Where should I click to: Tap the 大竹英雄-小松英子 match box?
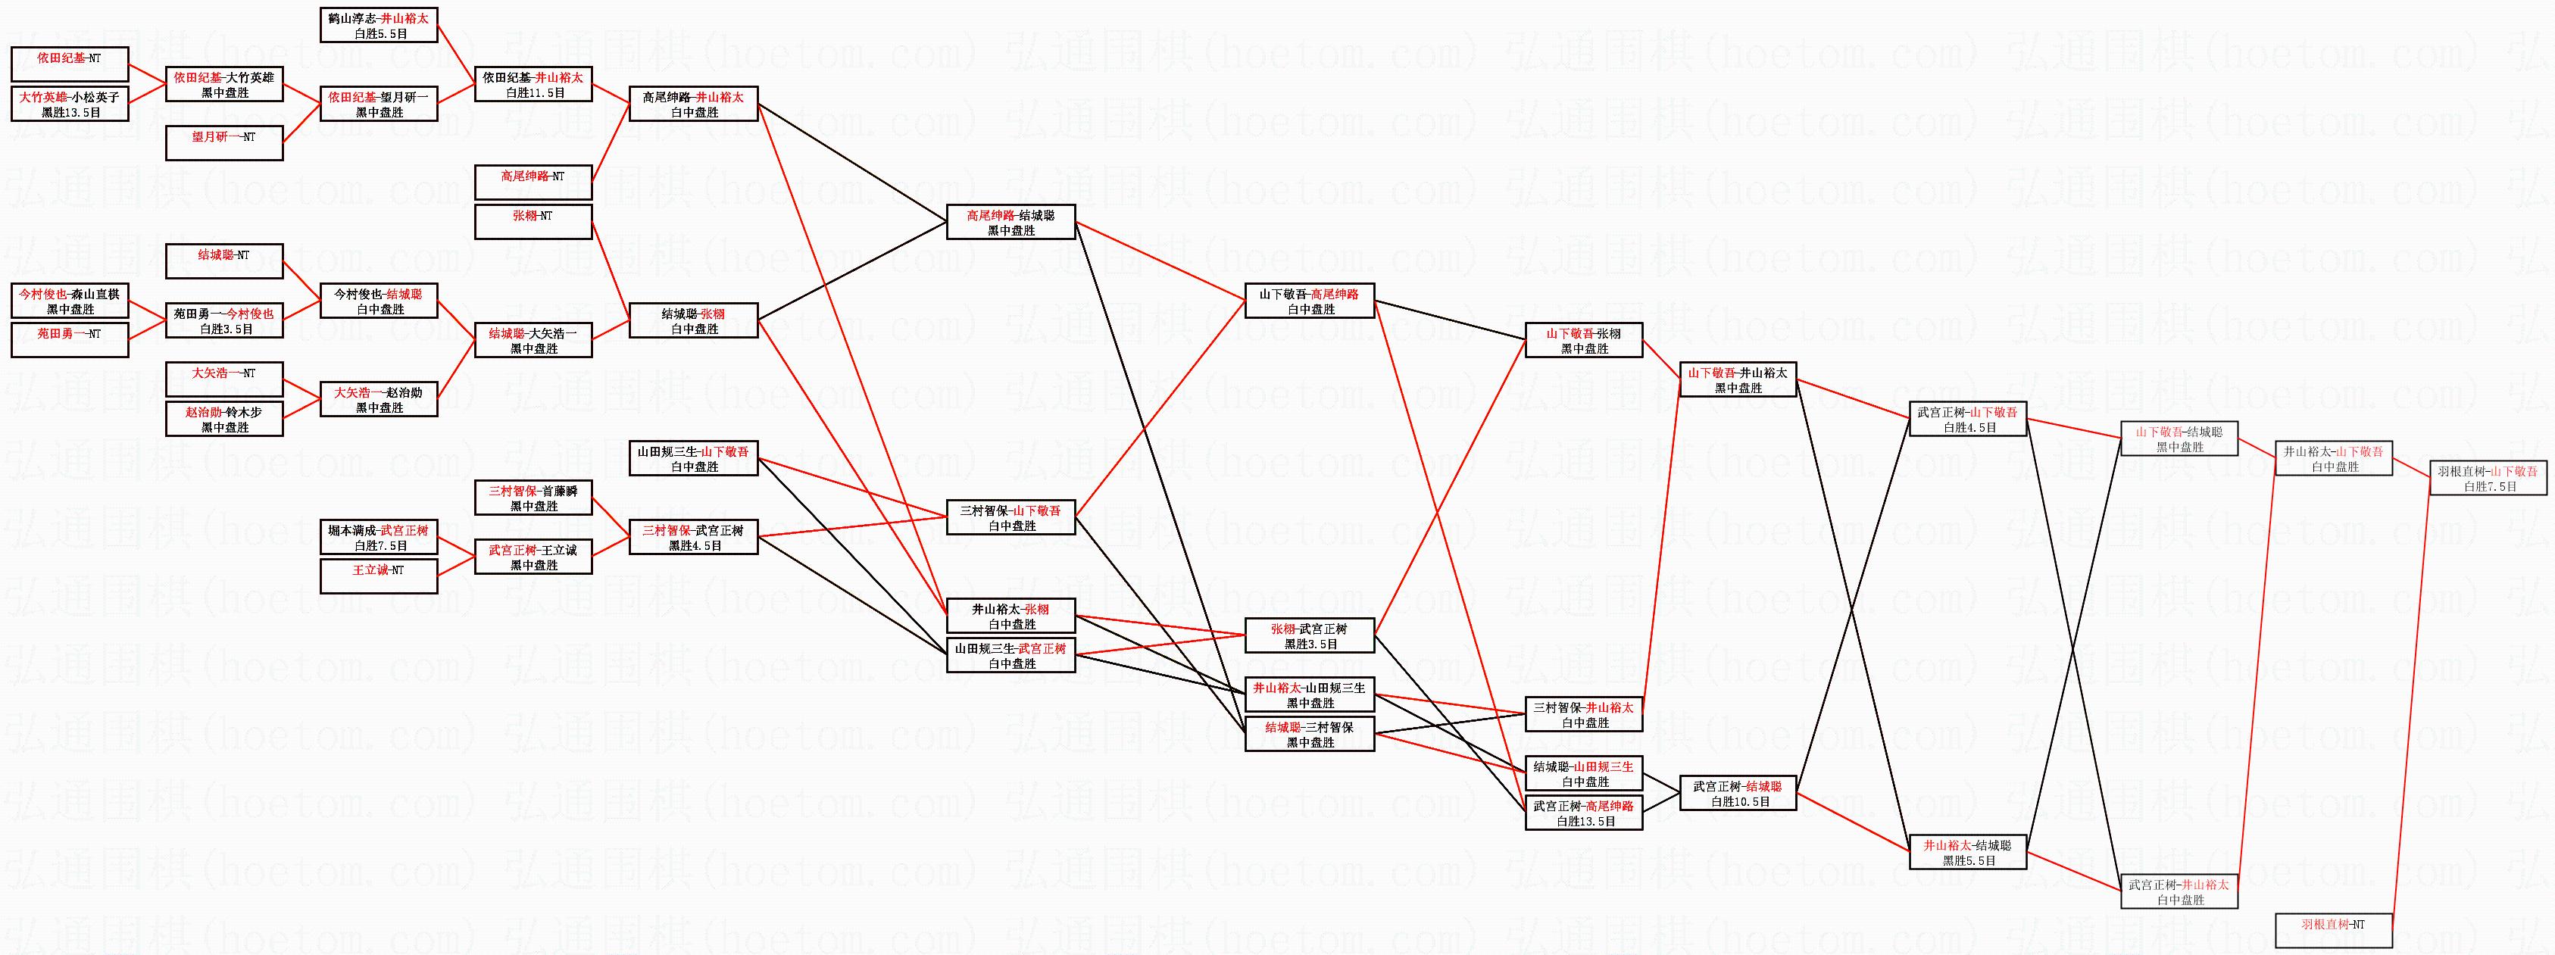coord(70,104)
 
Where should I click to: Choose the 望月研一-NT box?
coord(224,143)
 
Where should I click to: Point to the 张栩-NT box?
coord(533,222)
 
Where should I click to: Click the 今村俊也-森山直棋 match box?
coord(70,301)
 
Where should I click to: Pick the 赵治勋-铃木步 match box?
coord(224,420)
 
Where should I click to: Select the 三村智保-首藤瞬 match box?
coord(533,498)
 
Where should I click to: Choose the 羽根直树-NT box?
coord(2333,930)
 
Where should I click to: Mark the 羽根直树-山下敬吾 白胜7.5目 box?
coord(2488,478)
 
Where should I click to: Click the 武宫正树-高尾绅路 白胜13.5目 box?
coord(1584,813)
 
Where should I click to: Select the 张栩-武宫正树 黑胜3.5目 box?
coord(1309,635)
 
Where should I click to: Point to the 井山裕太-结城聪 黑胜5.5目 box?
coord(1968,853)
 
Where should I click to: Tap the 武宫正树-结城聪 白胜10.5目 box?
coord(1738,794)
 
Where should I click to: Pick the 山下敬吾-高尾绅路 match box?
coord(1309,301)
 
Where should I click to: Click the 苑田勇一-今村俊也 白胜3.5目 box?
coord(224,321)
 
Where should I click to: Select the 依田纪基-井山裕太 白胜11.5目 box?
coord(533,84)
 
